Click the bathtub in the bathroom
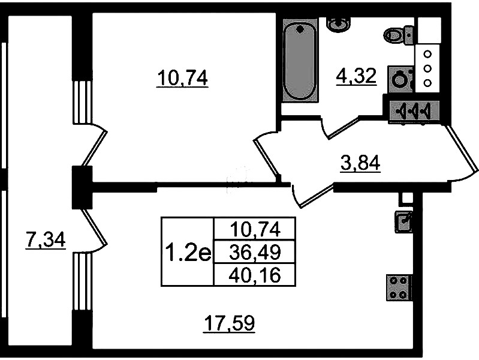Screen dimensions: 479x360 (300, 61)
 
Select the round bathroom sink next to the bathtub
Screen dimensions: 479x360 (339, 25)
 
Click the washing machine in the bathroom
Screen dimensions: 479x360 (401, 79)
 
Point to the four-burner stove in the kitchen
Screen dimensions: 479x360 (399, 287)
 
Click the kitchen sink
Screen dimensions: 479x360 (403, 221)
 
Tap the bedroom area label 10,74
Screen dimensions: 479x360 (182, 79)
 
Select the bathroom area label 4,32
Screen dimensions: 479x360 (356, 76)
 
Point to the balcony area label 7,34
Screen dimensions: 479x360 (46, 240)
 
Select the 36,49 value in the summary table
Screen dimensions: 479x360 (255, 253)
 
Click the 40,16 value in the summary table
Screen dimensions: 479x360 (255, 275)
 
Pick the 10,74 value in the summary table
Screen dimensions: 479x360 (255, 229)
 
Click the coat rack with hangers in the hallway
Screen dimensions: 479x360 (414, 111)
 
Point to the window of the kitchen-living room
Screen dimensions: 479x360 (83, 282)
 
